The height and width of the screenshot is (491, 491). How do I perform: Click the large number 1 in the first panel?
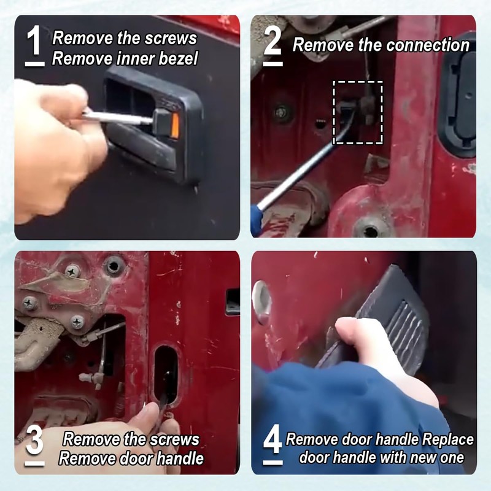pyautogui.click(x=34, y=40)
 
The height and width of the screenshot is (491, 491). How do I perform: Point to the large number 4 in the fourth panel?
pyautogui.click(x=273, y=441)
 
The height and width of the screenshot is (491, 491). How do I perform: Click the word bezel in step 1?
pyautogui.click(x=178, y=58)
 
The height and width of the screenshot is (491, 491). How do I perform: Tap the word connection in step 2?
pyautogui.click(x=428, y=45)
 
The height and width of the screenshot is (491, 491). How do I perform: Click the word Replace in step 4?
pyautogui.click(x=448, y=439)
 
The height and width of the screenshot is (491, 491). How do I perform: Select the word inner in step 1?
pyautogui.click(x=136, y=58)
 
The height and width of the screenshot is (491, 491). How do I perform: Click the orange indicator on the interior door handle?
pyautogui.click(x=175, y=125)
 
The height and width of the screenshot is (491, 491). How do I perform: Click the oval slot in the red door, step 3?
pyautogui.click(x=166, y=376)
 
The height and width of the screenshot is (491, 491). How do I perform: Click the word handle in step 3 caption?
pyautogui.click(x=180, y=458)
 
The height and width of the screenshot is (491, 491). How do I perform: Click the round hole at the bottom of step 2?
pyautogui.click(x=371, y=232)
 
